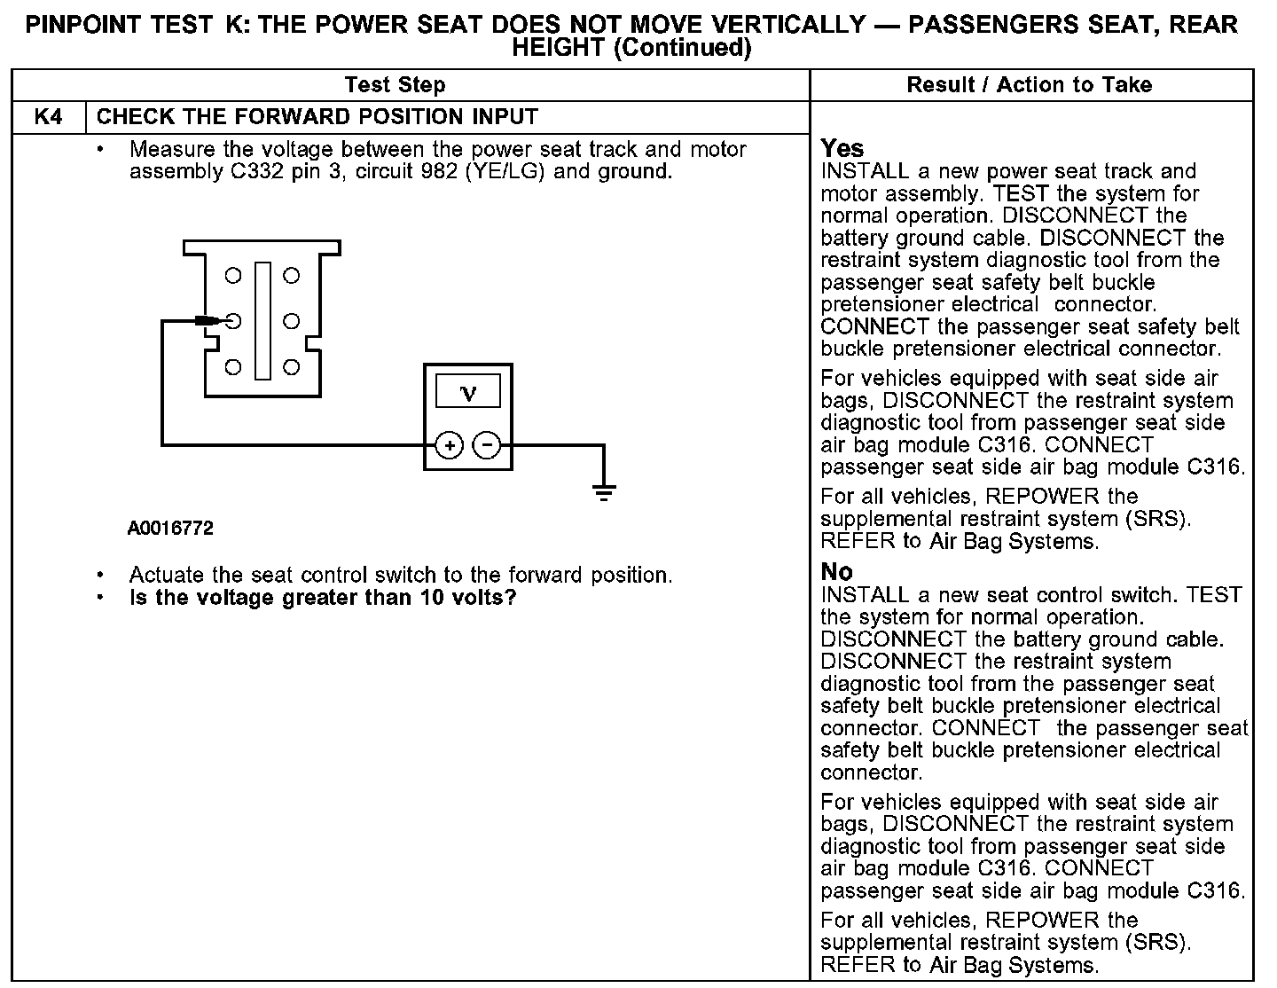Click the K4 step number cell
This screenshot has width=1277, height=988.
(48, 117)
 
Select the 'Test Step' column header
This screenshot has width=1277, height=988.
(395, 85)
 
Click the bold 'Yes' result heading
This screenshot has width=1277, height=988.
(842, 148)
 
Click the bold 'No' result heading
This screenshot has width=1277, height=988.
(836, 572)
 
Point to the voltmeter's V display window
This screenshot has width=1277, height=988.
(468, 392)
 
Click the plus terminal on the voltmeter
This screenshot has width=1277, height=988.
(450, 444)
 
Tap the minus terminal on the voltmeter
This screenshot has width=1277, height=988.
(486, 444)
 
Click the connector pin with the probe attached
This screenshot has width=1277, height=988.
(233, 321)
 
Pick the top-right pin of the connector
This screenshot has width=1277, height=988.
(292, 276)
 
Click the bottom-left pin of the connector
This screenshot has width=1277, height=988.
(233, 366)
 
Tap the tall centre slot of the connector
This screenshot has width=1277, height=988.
(262, 320)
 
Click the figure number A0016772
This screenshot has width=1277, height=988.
(170, 529)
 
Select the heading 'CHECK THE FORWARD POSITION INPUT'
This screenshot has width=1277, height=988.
(317, 117)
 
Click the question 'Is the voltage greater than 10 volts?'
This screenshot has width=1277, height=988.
(323, 598)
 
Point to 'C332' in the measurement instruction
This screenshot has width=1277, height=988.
(257, 171)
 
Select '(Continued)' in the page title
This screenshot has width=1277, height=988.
(683, 48)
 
